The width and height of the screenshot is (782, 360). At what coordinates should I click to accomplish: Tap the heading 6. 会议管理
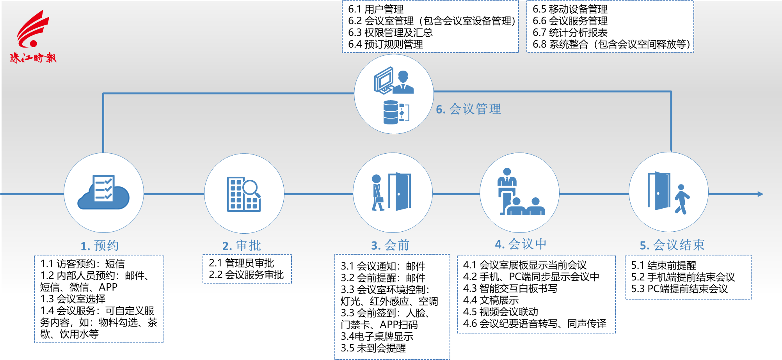[x=468, y=109]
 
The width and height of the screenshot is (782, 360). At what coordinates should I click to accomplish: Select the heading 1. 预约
[x=100, y=246]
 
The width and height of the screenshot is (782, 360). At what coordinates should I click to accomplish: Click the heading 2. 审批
[x=242, y=246]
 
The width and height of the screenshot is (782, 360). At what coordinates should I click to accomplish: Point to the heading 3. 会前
[x=390, y=245]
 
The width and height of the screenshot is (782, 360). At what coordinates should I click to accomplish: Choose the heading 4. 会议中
[x=521, y=244]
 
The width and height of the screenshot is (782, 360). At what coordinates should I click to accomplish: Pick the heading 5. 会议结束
[x=672, y=245]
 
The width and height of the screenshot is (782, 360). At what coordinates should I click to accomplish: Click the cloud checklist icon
[x=103, y=192]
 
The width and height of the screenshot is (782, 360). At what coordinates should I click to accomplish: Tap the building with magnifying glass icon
[x=244, y=194]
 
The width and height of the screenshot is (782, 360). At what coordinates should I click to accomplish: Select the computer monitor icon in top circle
[x=384, y=80]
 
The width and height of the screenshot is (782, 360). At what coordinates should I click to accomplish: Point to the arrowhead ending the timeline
[x=760, y=194]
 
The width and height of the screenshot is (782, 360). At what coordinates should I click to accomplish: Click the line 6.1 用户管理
[x=376, y=9]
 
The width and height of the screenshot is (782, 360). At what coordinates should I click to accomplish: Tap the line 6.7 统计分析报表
[x=570, y=32]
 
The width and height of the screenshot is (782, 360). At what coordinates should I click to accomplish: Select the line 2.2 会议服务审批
[x=246, y=275]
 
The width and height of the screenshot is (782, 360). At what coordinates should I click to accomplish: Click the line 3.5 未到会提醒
[x=373, y=348]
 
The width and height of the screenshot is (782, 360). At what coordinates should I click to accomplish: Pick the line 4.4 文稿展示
[x=491, y=300]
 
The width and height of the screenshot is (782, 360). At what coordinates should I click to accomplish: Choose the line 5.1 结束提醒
[x=664, y=265]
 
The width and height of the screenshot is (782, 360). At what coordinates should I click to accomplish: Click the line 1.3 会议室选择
[x=73, y=299]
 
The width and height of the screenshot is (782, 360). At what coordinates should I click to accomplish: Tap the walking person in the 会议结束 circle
[x=682, y=199]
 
